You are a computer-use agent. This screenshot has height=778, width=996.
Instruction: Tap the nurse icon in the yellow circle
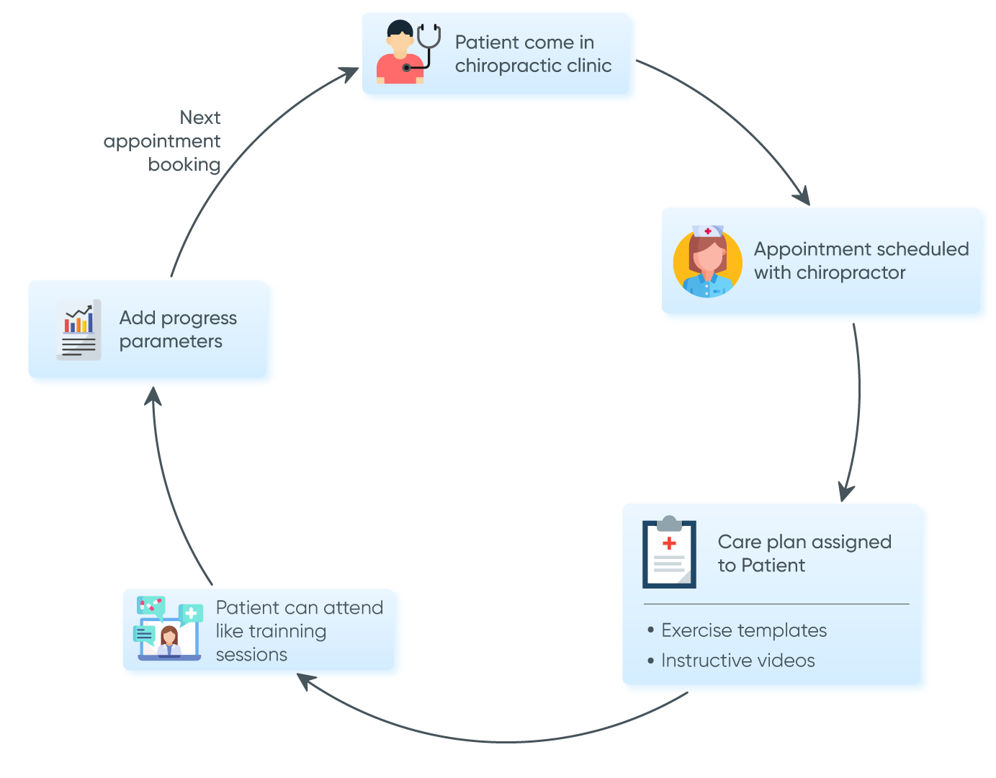pyautogui.click(x=707, y=263)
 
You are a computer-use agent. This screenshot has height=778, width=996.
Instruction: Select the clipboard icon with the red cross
pyautogui.click(x=669, y=553)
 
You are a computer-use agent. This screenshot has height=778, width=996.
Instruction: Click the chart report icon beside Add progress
pyautogui.click(x=78, y=329)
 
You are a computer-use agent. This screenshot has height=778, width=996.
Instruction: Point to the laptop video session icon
pyautogui.click(x=169, y=629)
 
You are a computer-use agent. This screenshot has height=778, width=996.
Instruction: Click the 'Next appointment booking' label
pyautogui.click(x=163, y=141)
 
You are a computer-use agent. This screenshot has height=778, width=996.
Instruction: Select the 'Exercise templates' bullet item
pyautogui.click(x=743, y=630)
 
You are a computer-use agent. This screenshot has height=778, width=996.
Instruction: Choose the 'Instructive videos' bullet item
pyautogui.click(x=737, y=661)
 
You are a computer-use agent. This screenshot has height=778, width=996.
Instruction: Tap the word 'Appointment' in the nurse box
pyautogui.click(x=802, y=249)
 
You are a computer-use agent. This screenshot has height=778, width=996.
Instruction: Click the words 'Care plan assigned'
pyautogui.click(x=804, y=542)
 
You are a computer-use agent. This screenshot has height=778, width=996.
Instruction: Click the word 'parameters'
pyautogui.click(x=171, y=341)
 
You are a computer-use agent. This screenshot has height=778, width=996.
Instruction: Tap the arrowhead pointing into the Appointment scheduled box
pyautogui.click(x=802, y=197)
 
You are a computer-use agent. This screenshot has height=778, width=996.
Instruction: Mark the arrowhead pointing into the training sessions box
pyautogui.click(x=305, y=680)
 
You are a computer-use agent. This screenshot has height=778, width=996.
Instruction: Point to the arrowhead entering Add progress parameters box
pyautogui.click(x=153, y=395)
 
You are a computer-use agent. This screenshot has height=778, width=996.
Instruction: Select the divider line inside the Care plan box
pyautogui.click(x=776, y=604)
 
